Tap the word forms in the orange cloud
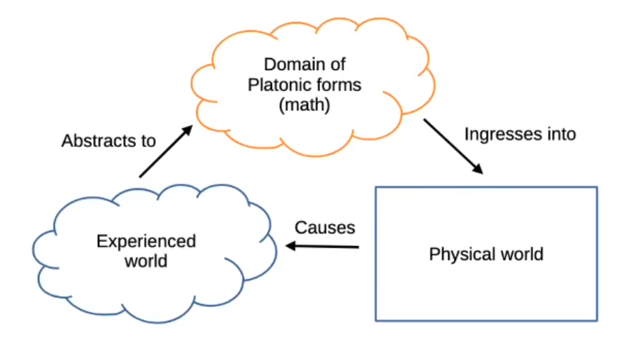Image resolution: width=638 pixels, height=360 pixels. [337, 85]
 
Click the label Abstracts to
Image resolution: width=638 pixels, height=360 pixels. [108, 140]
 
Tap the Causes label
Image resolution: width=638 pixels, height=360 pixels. [325, 228]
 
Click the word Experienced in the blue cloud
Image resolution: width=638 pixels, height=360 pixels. [146, 241]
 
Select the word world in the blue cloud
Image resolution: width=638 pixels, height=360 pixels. [146, 261]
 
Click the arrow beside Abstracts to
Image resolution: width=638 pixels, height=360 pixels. [165, 151]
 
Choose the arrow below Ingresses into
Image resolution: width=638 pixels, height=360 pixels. [453, 147]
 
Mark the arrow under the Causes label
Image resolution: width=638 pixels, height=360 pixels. [322, 247]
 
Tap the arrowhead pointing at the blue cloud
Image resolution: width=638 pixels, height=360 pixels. [291, 245]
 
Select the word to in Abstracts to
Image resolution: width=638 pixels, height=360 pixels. [148, 140]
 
